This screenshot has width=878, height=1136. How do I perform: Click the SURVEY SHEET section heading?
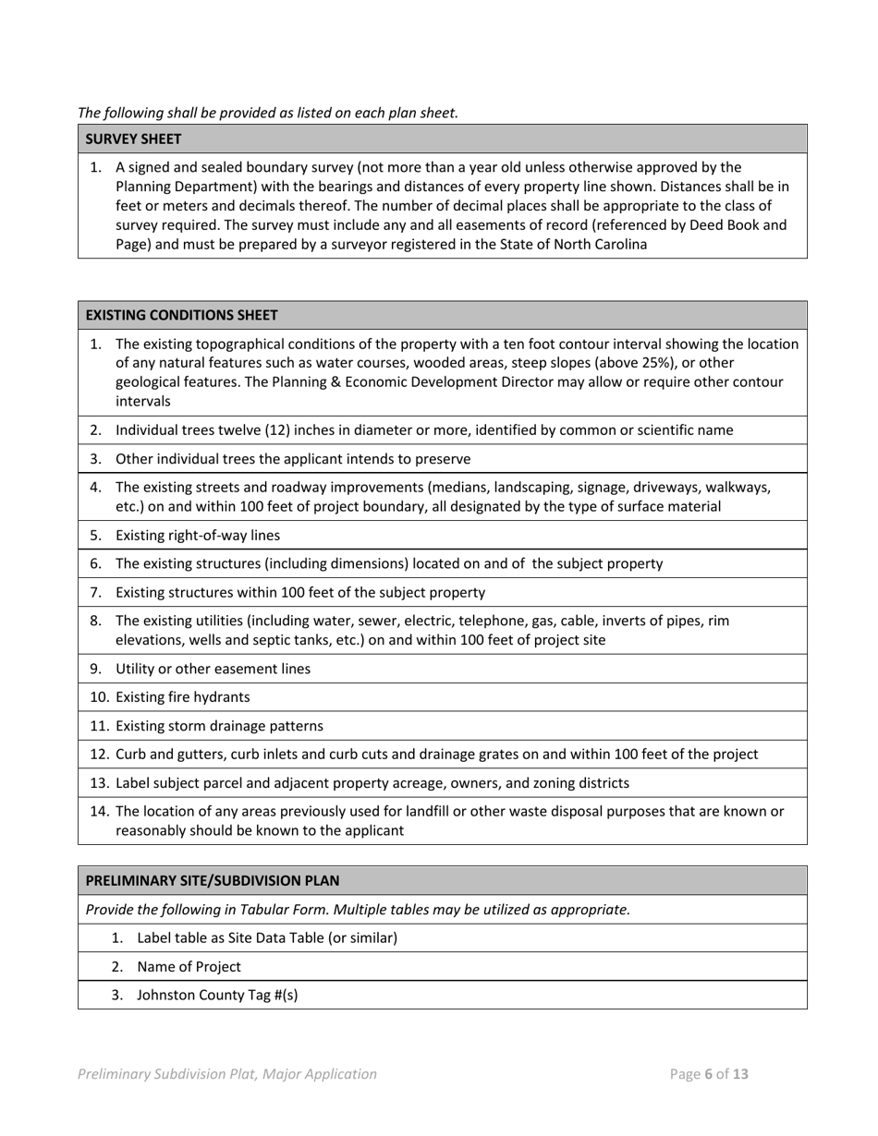click(x=133, y=139)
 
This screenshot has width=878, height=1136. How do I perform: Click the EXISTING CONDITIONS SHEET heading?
click(x=181, y=315)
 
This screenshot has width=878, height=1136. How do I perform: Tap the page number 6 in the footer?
click(x=709, y=1074)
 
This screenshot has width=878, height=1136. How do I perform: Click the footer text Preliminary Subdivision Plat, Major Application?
click(x=227, y=1074)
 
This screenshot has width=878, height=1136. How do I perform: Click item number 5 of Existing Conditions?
click(x=95, y=536)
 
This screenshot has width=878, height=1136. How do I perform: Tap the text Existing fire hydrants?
click(x=182, y=697)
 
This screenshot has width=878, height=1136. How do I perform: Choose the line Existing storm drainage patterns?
click(x=219, y=726)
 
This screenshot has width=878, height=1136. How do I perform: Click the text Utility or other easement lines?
click(x=213, y=669)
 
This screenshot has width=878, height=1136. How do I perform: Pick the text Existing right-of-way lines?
click(x=197, y=536)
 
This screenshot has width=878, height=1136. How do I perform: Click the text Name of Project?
click(x=189, y=967)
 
